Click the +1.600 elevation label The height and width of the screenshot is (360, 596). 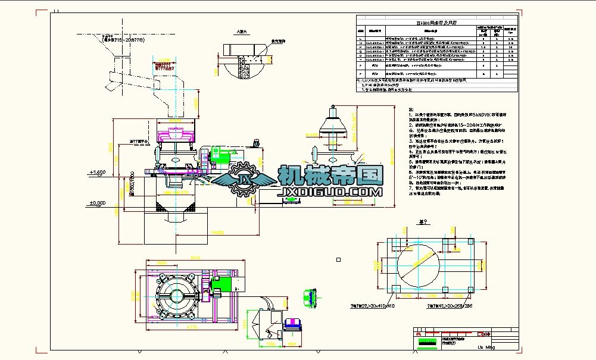97,172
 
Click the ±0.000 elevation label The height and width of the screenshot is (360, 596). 96,203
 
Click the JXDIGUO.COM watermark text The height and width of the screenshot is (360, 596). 330,192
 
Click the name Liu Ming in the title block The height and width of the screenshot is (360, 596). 486,346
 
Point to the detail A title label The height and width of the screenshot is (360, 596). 241,30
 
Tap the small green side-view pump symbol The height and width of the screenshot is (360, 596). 310,298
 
